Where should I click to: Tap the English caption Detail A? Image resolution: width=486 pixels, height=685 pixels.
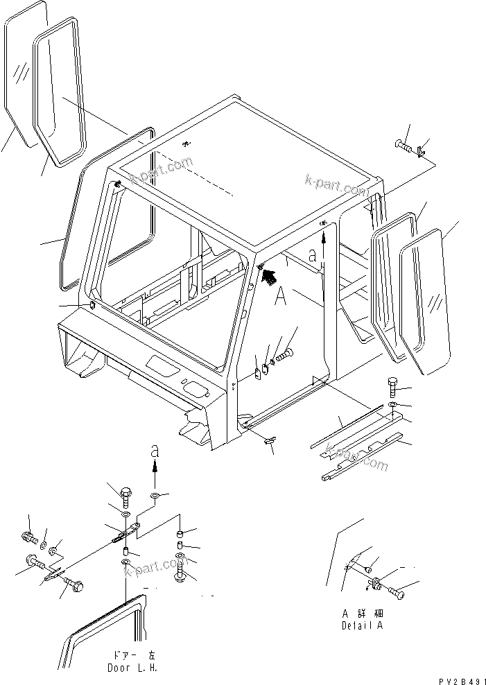click(x=361, y=625)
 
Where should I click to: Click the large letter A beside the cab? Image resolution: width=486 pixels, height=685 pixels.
click(x=281, y=297)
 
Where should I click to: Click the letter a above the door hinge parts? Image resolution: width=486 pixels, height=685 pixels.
click(x=155, y=451)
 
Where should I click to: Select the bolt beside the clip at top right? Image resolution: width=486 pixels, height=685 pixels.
click(x=406, y=147)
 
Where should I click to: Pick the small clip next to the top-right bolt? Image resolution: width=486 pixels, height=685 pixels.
click(x=423, y=147)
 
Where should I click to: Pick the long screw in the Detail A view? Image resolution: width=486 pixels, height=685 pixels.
click(x=398, y=591)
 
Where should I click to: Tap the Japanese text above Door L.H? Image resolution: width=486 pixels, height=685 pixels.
click(x=132, y=655)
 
